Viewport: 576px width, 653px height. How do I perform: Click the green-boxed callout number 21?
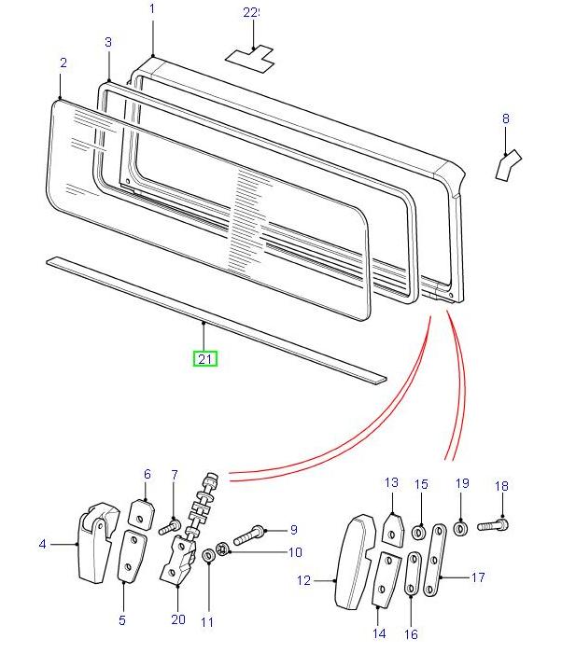(204, 358)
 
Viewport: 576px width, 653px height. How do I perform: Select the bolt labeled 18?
(494, 526)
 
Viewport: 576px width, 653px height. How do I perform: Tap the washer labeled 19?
(461, 529)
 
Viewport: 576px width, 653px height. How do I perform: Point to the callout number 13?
(391, 482)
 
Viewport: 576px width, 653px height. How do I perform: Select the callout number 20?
(178, 619)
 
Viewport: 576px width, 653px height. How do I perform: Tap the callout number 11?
(207, 621)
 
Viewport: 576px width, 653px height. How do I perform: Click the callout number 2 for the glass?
(63, 63)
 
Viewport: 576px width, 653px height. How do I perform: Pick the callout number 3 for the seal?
(108, 43)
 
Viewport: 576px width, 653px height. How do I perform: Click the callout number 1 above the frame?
(153, 9)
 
